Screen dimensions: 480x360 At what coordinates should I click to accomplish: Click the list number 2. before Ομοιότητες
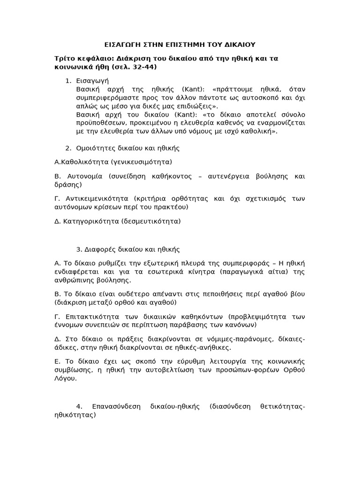68,148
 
